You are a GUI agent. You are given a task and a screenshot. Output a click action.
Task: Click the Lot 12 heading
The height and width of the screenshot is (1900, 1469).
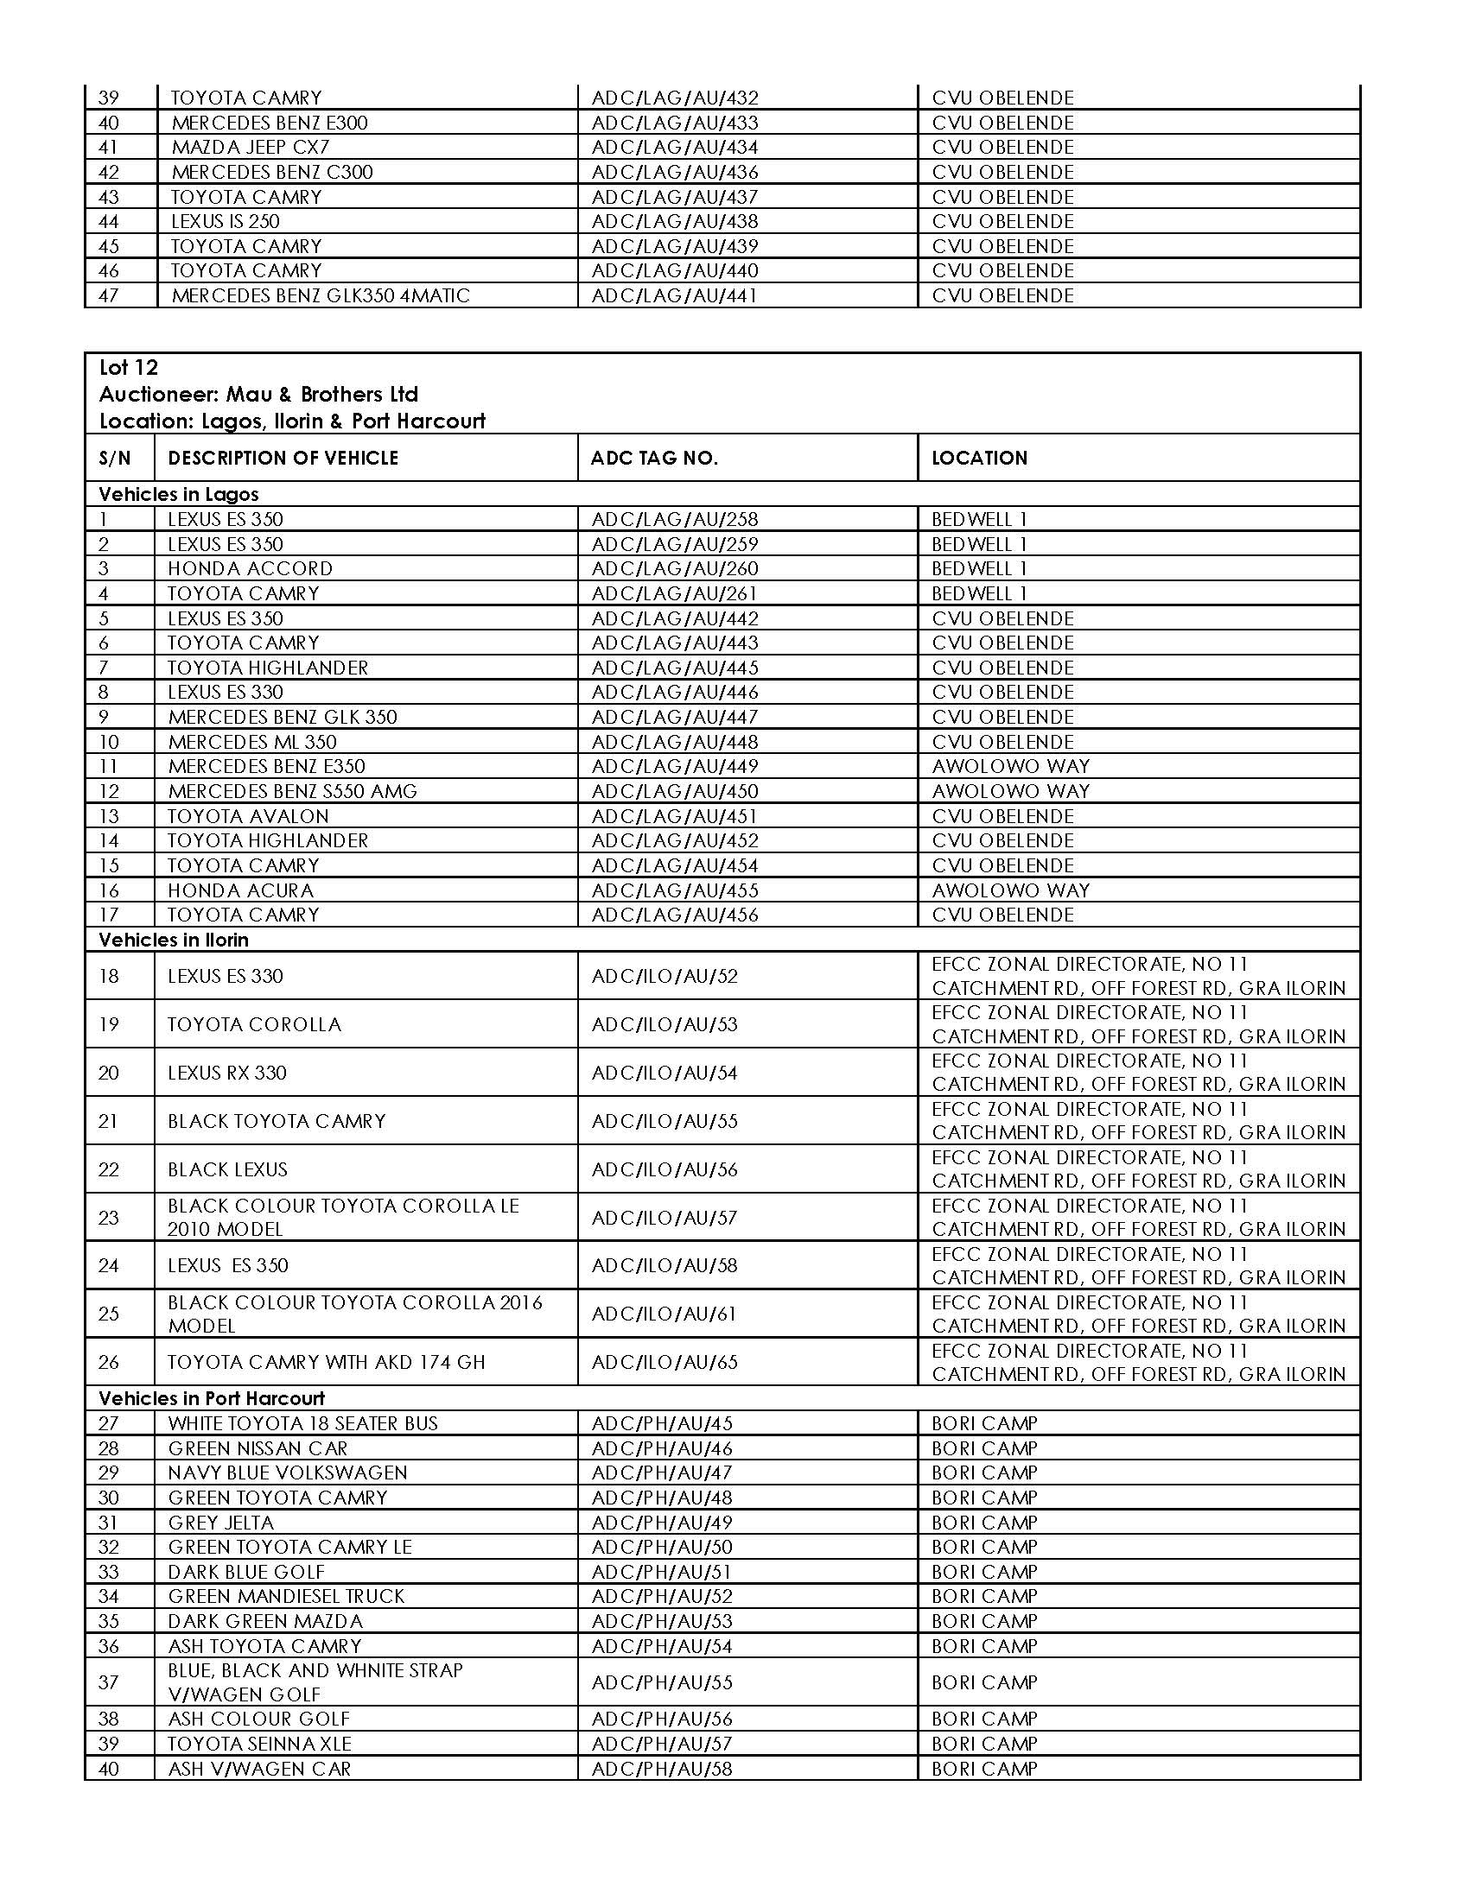point(129,368)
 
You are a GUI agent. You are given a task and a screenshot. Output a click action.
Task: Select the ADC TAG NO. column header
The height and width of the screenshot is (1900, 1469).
point(653,459)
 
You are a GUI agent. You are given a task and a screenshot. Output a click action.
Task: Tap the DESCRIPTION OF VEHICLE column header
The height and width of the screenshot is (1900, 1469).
point(283,459)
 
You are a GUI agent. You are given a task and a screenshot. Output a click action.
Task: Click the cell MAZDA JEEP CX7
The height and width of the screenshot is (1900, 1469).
point(250,147)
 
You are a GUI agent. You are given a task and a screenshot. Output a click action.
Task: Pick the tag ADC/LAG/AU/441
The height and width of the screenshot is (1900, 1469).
point(675,295)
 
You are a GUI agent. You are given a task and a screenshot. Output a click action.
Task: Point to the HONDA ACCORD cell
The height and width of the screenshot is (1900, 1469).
point(250,569)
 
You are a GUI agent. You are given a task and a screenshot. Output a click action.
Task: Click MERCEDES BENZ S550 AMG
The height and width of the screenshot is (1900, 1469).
point(292,792)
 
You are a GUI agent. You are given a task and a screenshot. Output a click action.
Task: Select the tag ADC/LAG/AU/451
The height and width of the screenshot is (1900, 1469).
point(675,817)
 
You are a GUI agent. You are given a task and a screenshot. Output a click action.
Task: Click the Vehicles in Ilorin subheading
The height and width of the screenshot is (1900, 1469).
point(173,940)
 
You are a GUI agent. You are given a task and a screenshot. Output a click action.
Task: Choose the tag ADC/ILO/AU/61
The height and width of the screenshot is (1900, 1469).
point(664,1314)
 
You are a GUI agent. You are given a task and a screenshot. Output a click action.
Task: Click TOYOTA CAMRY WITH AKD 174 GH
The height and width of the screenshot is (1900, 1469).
point(327,1362)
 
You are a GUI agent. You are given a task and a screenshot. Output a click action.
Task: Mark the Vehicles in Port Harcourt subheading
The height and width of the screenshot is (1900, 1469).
point(212,1399)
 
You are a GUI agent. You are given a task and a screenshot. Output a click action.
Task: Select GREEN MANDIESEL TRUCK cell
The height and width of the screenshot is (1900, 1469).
point(286,1596)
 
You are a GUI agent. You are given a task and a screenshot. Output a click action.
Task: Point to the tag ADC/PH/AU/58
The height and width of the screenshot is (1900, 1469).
point(661,1769)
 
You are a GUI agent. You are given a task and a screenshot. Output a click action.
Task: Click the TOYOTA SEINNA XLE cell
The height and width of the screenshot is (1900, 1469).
point(259,1745)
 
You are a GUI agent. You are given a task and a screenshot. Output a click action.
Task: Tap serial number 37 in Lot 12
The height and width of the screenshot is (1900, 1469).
point(108,1682)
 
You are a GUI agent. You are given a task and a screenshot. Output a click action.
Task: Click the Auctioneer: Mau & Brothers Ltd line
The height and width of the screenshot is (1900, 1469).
point(258,395)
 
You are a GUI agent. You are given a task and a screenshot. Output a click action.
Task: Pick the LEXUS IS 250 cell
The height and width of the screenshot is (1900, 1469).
point(226,222)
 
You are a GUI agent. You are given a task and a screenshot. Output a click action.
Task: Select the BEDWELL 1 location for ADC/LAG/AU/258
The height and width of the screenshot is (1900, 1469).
point(979,520)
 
